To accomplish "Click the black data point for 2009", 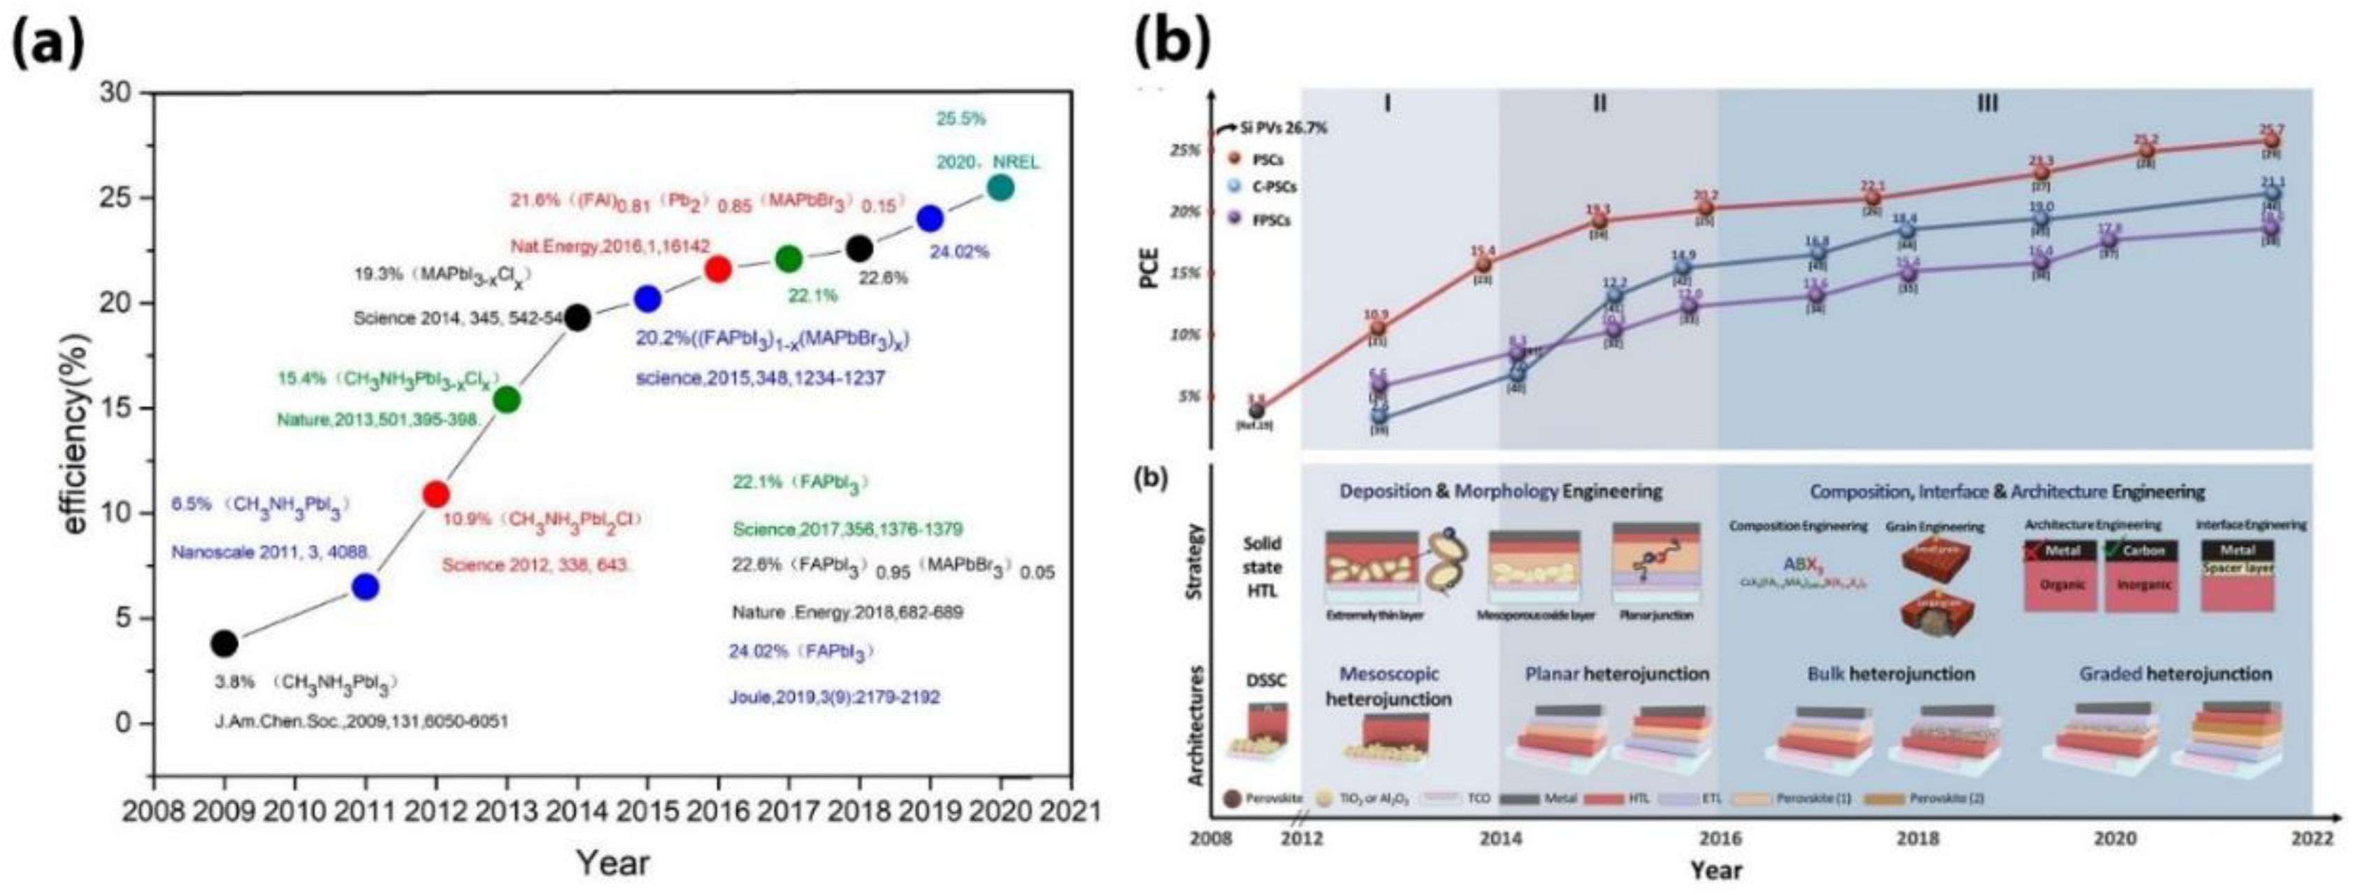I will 224,644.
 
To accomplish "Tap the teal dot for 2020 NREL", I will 1001,188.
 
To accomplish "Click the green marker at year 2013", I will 506,399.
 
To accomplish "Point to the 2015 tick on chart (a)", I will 647,810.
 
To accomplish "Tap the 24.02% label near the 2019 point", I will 959,251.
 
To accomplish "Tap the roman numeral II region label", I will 1599,103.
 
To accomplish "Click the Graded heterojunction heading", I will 2175,674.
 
